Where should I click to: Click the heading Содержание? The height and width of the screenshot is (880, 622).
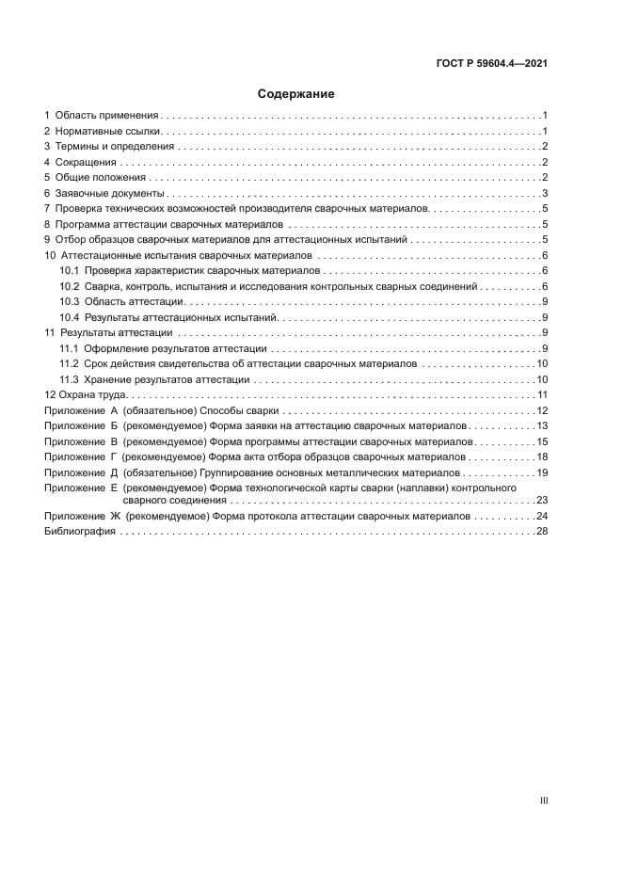pyautogui.click(x=296, y=94)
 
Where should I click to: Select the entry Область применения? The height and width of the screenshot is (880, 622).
pyautogui.click(x=106, y=114)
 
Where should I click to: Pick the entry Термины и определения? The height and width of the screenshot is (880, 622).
pyautogui.click(x=114, y=146)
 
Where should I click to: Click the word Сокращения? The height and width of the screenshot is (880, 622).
pyautogui.click(x=86, y=162)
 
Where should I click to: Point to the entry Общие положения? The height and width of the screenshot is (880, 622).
pyautogui.click(x=101, y=177)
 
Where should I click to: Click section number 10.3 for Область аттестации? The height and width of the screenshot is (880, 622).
pyautogui.click(x=69, y=301)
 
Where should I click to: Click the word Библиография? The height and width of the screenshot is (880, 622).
pyautogui.click(x=80, y=532)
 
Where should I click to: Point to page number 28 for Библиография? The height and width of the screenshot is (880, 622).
pyautogui.click(x=541, y=532)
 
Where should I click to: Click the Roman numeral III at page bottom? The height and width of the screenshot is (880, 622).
pyautogui.click(x=543, y=801)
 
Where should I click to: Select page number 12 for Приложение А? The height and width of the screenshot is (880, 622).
pyautogui.click(x=541, y=410)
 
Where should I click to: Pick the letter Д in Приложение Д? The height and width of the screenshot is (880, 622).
pyautogui.click(x=114, y=472)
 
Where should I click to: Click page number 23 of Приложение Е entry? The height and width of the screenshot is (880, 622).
pyautogui.click(x=541, y=501)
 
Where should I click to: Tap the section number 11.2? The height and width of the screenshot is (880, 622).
pyautogui.click(x=69, y=363)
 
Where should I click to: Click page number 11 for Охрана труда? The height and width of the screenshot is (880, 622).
pyautogui.click(x=541, y=394)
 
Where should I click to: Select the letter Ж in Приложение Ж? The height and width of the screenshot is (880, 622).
pyautogui.click(x=115, y=517)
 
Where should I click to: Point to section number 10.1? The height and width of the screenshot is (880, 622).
pyautogui.click(x=69, y=270)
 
